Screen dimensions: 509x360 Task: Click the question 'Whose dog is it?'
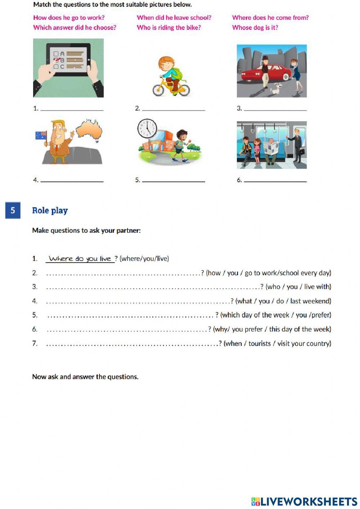(x=255, y=28)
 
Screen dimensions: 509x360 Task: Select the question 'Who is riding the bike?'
(x=168, y=28)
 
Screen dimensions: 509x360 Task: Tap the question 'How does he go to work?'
(x=69, y=18)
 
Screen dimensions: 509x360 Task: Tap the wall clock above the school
(x=147, y=129)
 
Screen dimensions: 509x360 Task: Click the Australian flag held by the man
(x=41, y=135)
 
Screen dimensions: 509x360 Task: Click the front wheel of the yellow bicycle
(x=159, y=90)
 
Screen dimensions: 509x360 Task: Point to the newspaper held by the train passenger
(x=270, y=148)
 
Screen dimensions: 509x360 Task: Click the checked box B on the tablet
(x=56, y=59)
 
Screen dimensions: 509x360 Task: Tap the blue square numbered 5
(x=13, y=211)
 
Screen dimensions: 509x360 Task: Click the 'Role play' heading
(x=50, y=211)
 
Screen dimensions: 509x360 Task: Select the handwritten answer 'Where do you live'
(x=80, y=259)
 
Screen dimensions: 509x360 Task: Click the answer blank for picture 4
(x=72, y=180)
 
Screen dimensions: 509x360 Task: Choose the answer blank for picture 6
(x=275, y=180)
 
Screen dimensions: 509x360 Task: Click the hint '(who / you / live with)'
(x=298, y=287)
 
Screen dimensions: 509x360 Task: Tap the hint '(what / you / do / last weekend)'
(x=283, y=301)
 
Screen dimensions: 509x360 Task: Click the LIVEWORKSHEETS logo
(x=304, y=501)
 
